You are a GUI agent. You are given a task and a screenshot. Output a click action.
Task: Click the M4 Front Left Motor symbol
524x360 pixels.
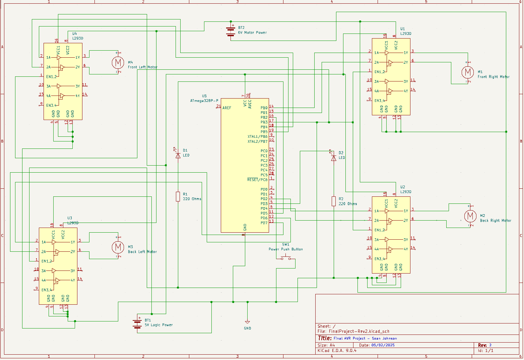(x=117, y=62)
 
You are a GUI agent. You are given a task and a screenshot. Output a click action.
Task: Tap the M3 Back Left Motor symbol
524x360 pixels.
(x=118, y=247)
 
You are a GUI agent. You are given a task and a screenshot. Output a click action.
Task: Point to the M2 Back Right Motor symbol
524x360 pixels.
(x=470, y=216)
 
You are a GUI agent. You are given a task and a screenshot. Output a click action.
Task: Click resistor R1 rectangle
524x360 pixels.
(x=178, y=197)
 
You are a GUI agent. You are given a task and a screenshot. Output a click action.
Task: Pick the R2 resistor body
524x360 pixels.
(x=333, y=201)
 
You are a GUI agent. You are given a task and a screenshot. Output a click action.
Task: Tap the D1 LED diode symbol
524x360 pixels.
(x=178, y=156)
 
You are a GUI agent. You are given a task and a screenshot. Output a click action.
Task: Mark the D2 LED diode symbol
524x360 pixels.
(x=333, y=158)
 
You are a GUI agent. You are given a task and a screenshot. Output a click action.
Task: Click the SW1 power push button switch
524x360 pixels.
(x=286, y=258)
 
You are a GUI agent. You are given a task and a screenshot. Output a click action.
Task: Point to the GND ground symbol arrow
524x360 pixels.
(x=247, y=322)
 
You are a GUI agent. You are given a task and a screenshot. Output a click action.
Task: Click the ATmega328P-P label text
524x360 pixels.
(x=204, y=101)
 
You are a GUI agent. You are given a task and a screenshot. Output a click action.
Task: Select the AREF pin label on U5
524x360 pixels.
(x=227, y=108)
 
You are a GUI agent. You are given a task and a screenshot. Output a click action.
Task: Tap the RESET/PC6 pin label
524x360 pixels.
(x=257, y=180)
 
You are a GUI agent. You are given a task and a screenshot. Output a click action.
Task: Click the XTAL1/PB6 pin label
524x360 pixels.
(x=257, y=137)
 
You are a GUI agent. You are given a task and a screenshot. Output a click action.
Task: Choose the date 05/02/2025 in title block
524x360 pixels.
(x=383, y=345)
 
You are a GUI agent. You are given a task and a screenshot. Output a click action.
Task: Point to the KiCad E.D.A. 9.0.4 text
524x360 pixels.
(x=337, y=351)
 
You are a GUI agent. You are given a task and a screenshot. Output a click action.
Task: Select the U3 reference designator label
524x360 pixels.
(x=70, y=218)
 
